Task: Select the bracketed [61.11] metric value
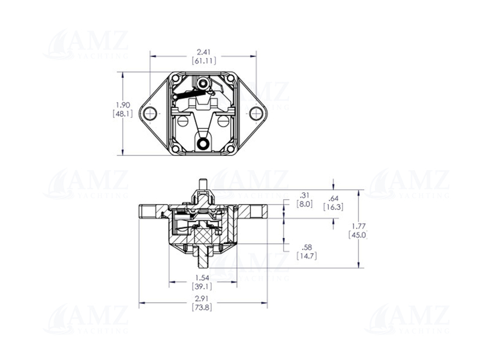[x=204, y=61]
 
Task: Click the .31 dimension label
[x=305, y=196]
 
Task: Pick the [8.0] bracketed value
[x=305, y=204]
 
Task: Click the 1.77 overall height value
[x=358, y=226]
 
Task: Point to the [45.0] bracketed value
[x=358, y=235]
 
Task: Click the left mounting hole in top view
[x=150, y=113]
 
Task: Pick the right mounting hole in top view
[x=256, y=113]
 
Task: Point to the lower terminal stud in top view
[x=203, y=143]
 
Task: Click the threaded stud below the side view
[x=203, y=259]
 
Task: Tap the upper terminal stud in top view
[x=203, y=82]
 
